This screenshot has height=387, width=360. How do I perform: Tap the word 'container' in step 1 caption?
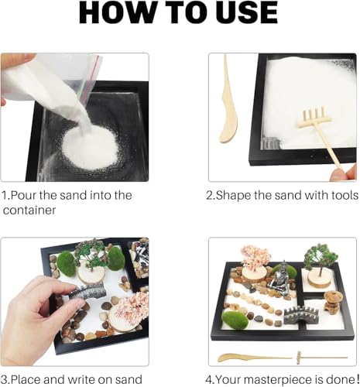(x=31, y=210)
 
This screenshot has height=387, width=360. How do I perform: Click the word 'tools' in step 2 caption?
(x=338, y=196)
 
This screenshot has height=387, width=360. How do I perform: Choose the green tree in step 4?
(x=317, y=255)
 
